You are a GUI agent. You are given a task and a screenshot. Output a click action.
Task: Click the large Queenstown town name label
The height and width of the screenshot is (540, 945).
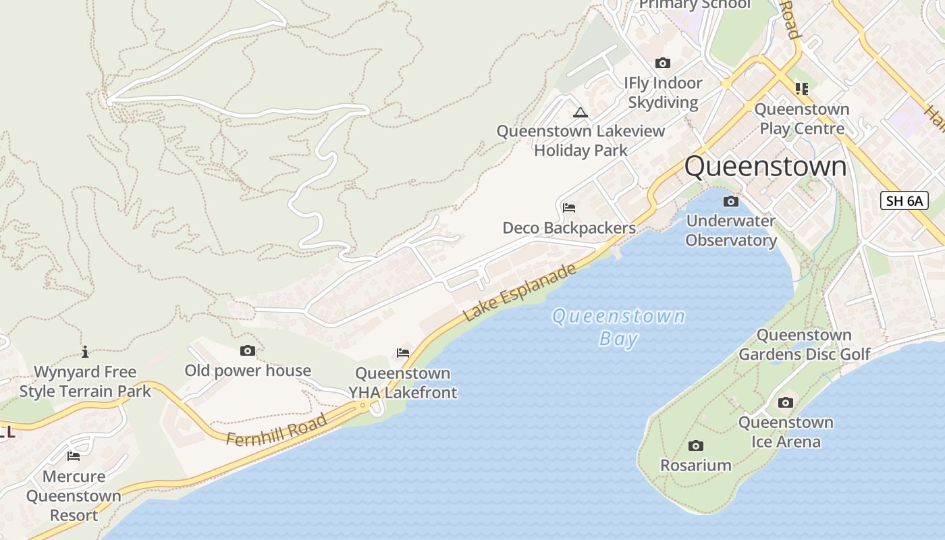coord(765,167)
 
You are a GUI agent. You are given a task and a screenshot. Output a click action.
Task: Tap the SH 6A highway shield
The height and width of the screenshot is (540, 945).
coord(905,200)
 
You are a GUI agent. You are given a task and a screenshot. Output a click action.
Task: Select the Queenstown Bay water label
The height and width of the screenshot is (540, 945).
coord(618,327)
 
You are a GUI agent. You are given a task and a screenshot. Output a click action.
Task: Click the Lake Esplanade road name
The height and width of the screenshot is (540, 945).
coord(520,292)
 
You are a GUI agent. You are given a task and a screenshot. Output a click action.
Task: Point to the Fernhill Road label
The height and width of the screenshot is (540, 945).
coord(277,430)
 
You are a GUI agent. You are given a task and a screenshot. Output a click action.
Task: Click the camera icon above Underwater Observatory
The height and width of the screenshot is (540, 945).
coord(730,201)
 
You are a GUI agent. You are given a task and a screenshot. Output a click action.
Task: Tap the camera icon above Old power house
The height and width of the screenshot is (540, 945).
coord(248,350)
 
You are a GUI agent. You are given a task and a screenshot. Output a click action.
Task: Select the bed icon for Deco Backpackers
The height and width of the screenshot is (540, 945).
coord(569,207)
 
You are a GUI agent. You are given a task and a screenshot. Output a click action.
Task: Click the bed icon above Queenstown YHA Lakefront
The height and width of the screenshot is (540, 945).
coord(403,352)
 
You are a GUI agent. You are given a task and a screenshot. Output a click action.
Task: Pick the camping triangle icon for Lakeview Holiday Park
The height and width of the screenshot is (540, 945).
coord(580,112)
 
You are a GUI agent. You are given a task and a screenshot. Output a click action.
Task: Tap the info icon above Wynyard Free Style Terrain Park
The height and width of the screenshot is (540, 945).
coord(85,352)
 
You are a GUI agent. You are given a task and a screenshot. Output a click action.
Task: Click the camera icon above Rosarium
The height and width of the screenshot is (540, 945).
coord(696,446)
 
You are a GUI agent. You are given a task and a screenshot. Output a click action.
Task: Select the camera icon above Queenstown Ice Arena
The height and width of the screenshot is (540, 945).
coord(786,402)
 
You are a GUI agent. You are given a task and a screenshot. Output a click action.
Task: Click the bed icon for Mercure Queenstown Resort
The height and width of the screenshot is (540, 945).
coord(74,456)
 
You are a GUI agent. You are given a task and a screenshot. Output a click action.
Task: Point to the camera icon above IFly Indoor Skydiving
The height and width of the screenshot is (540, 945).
coord(663,63)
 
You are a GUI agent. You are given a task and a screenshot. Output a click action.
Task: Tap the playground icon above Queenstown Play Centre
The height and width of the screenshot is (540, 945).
coord(801,88)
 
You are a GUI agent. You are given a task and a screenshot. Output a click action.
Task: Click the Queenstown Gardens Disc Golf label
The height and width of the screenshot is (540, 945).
coord(804,344)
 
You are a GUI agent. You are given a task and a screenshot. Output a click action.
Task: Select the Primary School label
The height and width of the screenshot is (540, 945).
coord(695,5)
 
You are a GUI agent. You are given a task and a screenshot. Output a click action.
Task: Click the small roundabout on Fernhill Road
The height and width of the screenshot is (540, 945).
coord(363,406)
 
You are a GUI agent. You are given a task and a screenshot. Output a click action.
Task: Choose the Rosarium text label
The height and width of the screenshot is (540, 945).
coord(695,465)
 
